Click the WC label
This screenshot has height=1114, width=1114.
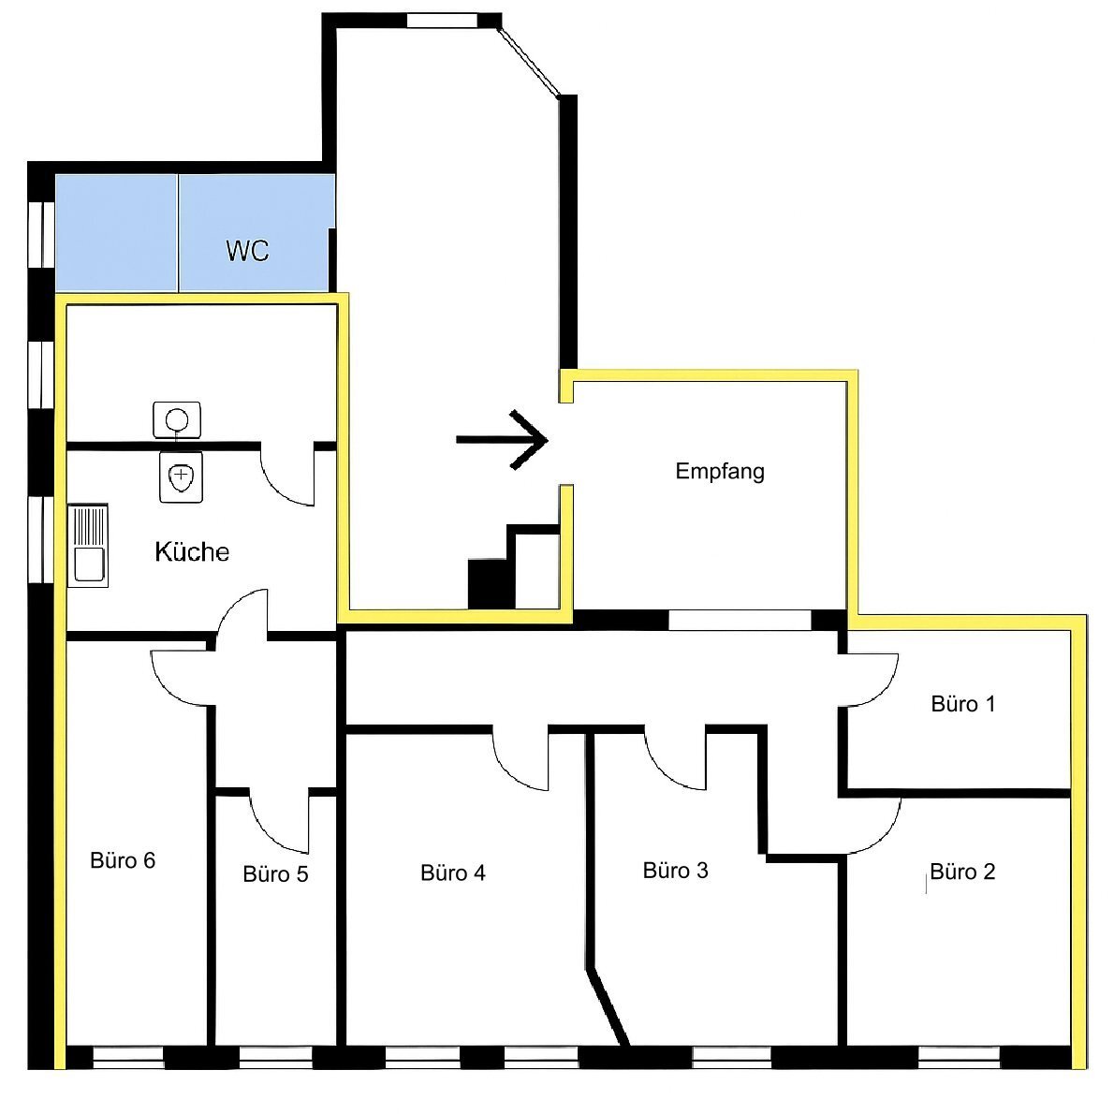click(x=247, y=251)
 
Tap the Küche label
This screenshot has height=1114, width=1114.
click(x=192, y=552)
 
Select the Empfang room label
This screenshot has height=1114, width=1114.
click(x=720, y=472)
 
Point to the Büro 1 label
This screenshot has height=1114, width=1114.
click(x=962, y=704)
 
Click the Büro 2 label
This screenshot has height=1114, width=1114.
click(x=962, y=872)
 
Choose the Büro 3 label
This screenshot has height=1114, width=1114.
click(x=676, y=871)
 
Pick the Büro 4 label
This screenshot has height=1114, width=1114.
click(x=452, y=872)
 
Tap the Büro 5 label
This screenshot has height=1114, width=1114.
click(x=275, y=873)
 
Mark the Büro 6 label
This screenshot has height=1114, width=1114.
click(x=123, y=860)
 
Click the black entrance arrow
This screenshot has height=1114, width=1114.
click(x=502, y=440)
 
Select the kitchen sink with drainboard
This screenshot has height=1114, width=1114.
click(x=88, y=546)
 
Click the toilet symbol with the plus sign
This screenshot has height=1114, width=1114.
click(x=182, y=476)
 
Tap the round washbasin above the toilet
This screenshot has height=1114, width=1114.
click(x=177, y=420)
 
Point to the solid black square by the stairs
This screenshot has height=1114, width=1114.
click(x=491, y=584)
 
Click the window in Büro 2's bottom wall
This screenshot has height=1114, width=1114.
click(x=960, y=1057)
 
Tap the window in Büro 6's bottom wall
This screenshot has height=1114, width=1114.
click(x=128, y=1057)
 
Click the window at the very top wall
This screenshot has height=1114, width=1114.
click(x=442, y=21)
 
